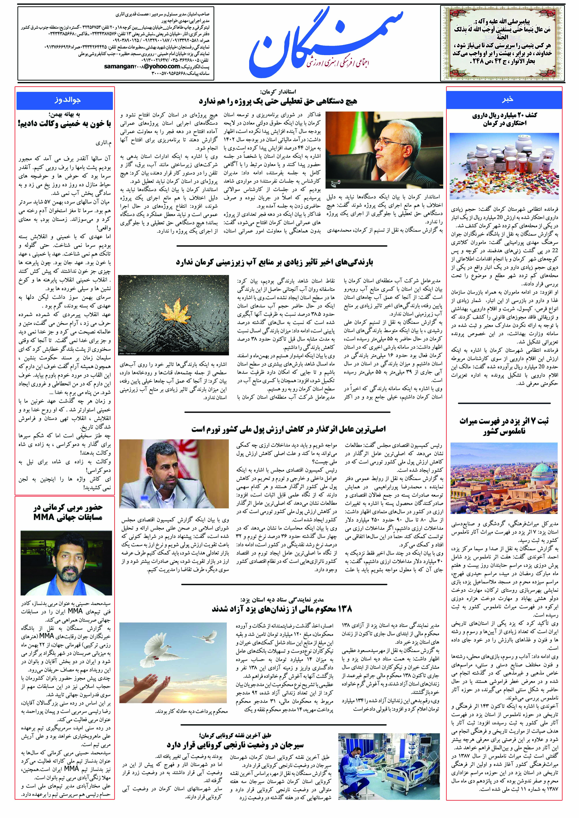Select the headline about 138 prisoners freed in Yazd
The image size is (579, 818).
282,609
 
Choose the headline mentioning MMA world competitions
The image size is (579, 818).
68,512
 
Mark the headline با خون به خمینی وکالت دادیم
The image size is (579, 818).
64,124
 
